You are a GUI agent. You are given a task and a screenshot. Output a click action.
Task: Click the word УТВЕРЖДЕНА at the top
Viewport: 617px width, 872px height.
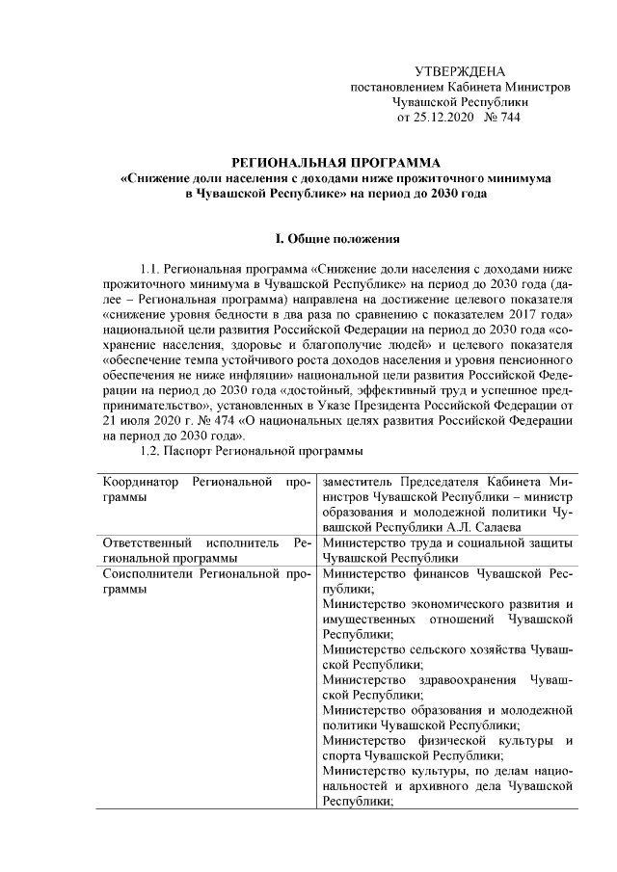pyautogui.click(x=459, y=72)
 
